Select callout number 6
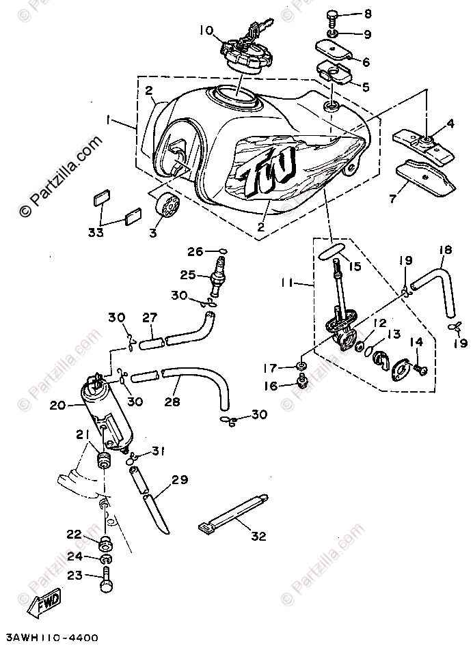(x=366, y=62)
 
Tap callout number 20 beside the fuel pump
(x=57, y=405)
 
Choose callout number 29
(x=180, y=480)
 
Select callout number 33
(x=96, y=232)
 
